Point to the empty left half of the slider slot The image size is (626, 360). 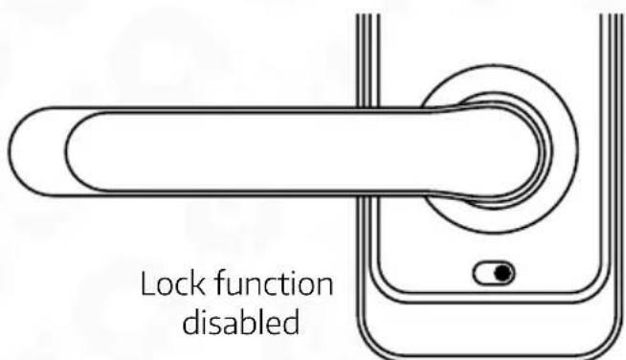(486, 274)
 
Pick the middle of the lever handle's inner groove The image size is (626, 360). (287, 153)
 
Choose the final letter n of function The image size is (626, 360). (323, 287)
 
